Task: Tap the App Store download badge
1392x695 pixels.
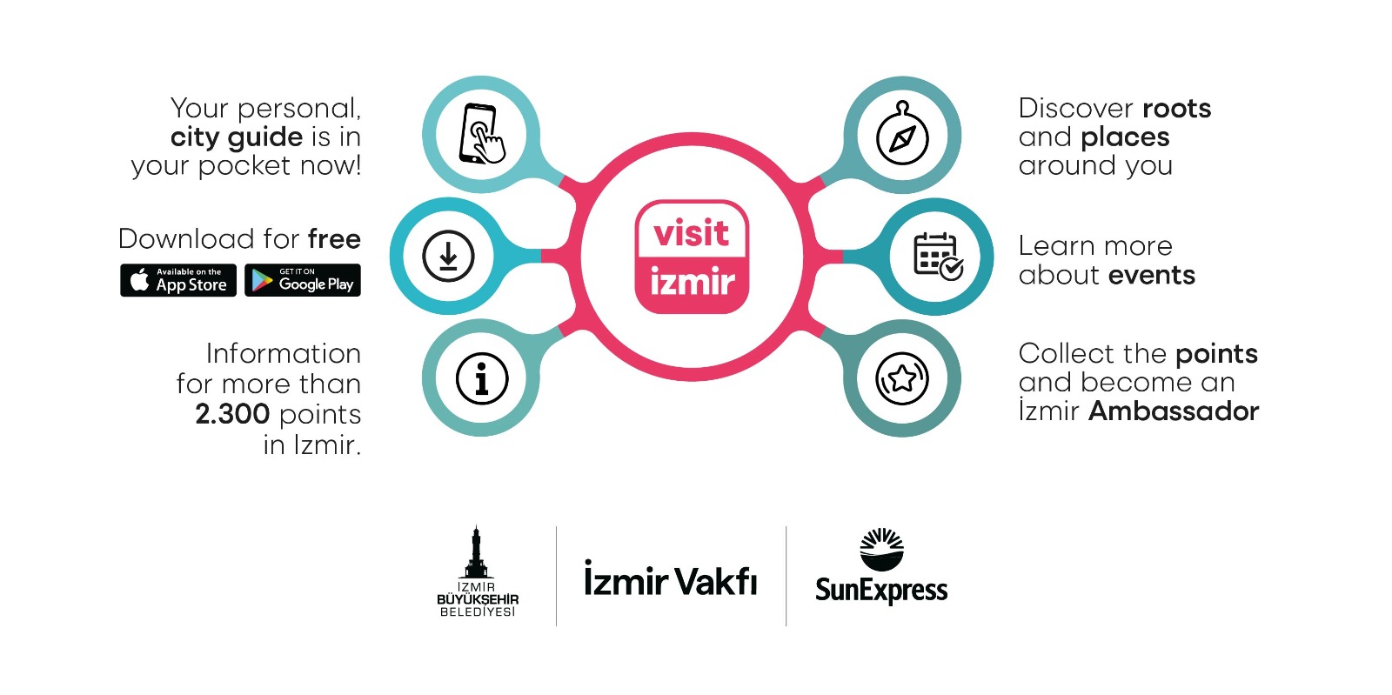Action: [x=178, y=280]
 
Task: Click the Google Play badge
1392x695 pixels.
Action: [x=303, y=280]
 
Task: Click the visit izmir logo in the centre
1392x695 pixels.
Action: [x=692, y=257]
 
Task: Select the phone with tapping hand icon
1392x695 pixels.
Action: [x=481, y=134]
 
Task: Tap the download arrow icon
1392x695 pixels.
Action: [x=448, y=257]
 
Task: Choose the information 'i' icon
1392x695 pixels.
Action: [x=481, y=378]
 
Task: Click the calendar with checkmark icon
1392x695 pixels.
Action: [x=937, y=257]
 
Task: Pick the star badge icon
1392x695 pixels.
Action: [x=902, y=378]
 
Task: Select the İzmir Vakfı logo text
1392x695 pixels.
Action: [x=670, y=579]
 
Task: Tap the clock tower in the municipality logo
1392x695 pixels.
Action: [x=476, y=551]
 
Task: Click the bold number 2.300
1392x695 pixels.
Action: [x=232, y=414]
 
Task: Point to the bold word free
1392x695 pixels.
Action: [x=334, y=239]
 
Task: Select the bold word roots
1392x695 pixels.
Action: [x=1176, y=109]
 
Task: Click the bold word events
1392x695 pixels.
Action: [x=1152, y=276]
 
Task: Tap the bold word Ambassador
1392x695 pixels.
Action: [x=1174, y=411]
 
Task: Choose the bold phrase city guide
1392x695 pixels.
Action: [x=237, y=137]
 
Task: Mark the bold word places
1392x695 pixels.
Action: [x=1125, y=137]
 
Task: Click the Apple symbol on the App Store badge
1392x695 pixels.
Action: [x=139, y=280]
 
